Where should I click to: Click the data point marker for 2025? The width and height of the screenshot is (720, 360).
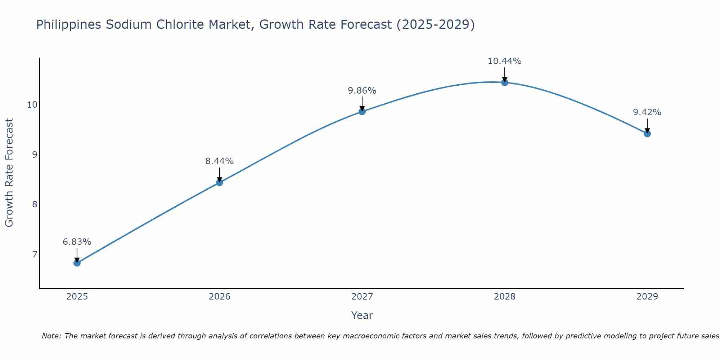tap(77, 263)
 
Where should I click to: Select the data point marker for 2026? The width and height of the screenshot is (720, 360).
tap(220, 183)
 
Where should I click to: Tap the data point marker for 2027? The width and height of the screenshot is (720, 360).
tap(362, 112)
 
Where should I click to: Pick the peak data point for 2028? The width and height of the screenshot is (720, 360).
tap(505, 82)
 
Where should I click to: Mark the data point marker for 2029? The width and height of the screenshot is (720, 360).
tap(647, 134)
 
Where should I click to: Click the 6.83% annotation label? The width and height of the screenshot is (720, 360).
tap(77, 242)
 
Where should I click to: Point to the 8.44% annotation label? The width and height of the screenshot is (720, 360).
tap(220, 161)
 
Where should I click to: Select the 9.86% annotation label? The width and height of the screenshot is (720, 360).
tap(362, 91)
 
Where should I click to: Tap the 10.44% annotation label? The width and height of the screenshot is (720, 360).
tap(505, 61)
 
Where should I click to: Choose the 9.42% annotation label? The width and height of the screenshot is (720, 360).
tap(647, 112)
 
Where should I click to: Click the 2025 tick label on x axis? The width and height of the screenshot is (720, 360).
tap(77, 297)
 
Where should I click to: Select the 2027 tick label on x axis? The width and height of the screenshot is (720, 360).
tap(362, 297)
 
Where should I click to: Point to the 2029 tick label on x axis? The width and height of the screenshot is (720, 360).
tap(647, 297)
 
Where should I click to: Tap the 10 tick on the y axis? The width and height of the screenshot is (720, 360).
tap(32, 105)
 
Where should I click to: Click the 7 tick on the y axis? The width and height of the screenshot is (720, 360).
tap(35, 255)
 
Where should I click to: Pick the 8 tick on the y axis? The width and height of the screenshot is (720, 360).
tap(35, 204)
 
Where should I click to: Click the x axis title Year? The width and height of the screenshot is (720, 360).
tap(362, 315)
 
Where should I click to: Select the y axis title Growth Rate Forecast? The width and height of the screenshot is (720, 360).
tap(9, 173)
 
